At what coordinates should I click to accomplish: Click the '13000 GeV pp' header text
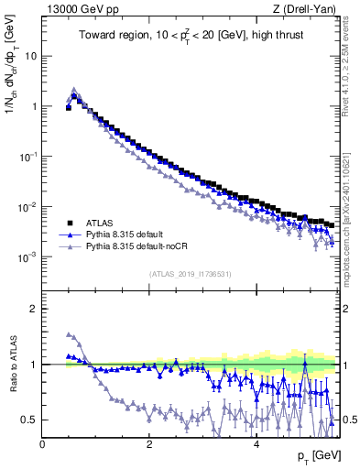pyautogui.click(x=80, y=9)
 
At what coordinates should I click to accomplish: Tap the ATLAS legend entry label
pyautogui.click(x=99, y=223)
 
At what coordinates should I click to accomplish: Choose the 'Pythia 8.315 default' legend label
pyautogui.click(x=125, y=234)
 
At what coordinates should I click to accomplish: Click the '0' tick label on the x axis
pyautogui.click(x=42, y=444)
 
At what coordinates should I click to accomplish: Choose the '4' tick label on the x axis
pyautogui.click(x=256, y=444)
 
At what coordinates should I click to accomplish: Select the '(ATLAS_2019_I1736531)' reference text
pyautogui.click(x=190, y=274)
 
